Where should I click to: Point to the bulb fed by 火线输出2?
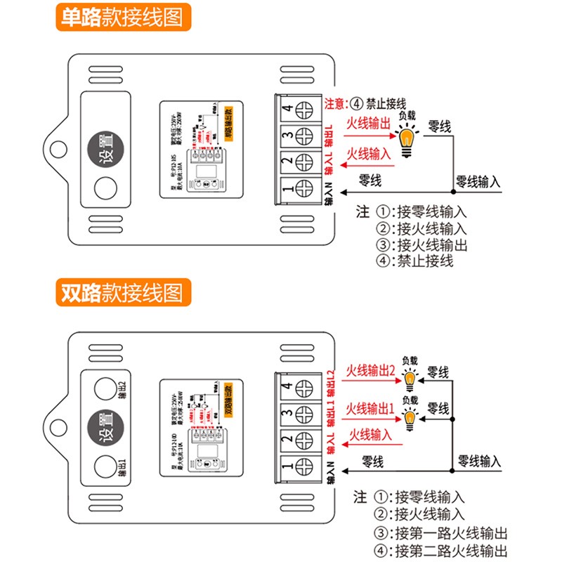(410, 381)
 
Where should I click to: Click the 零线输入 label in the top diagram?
(478, 181)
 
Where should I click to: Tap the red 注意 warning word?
(334, 103)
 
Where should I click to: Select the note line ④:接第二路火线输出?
(441, 551)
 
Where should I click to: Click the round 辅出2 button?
(104, 388)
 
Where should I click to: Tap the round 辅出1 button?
(104, 464)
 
